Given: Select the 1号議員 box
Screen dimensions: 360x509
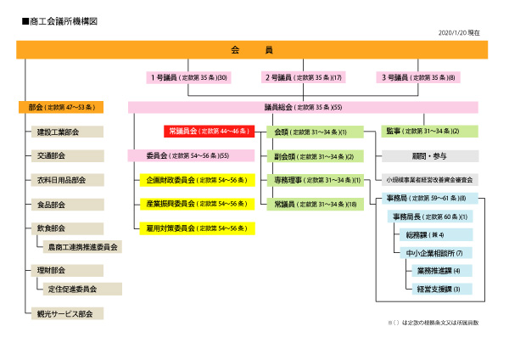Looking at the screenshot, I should click(187, 77).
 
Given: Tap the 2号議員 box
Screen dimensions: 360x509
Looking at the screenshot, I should click(302, 77).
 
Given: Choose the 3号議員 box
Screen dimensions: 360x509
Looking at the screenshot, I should click(417, 77).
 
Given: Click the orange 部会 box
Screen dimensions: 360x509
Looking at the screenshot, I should click(60, 108).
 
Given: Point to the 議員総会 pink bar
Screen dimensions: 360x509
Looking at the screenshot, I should click(302, 108).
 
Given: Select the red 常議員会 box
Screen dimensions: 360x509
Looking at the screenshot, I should click(209, 132).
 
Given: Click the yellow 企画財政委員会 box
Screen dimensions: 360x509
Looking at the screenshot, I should click(197, 180).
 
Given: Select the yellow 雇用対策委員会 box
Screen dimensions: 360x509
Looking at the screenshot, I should click(197, 228).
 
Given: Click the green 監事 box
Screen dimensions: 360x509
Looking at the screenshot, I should click(429, 132).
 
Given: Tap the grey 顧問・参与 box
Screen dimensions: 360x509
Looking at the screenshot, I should click(429, 156).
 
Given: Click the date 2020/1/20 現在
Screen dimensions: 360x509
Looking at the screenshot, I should click(459, 32).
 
